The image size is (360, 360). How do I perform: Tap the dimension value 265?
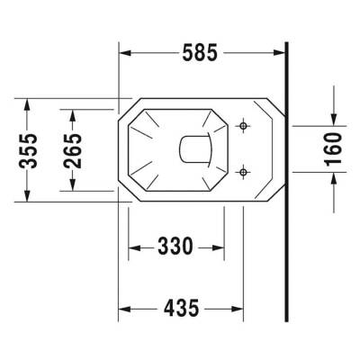click(73, 149)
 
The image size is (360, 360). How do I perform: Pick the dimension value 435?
click(181, 309)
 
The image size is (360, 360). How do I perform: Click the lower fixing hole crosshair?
click(241, 169)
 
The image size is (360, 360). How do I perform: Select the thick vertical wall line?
click(285, 180)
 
